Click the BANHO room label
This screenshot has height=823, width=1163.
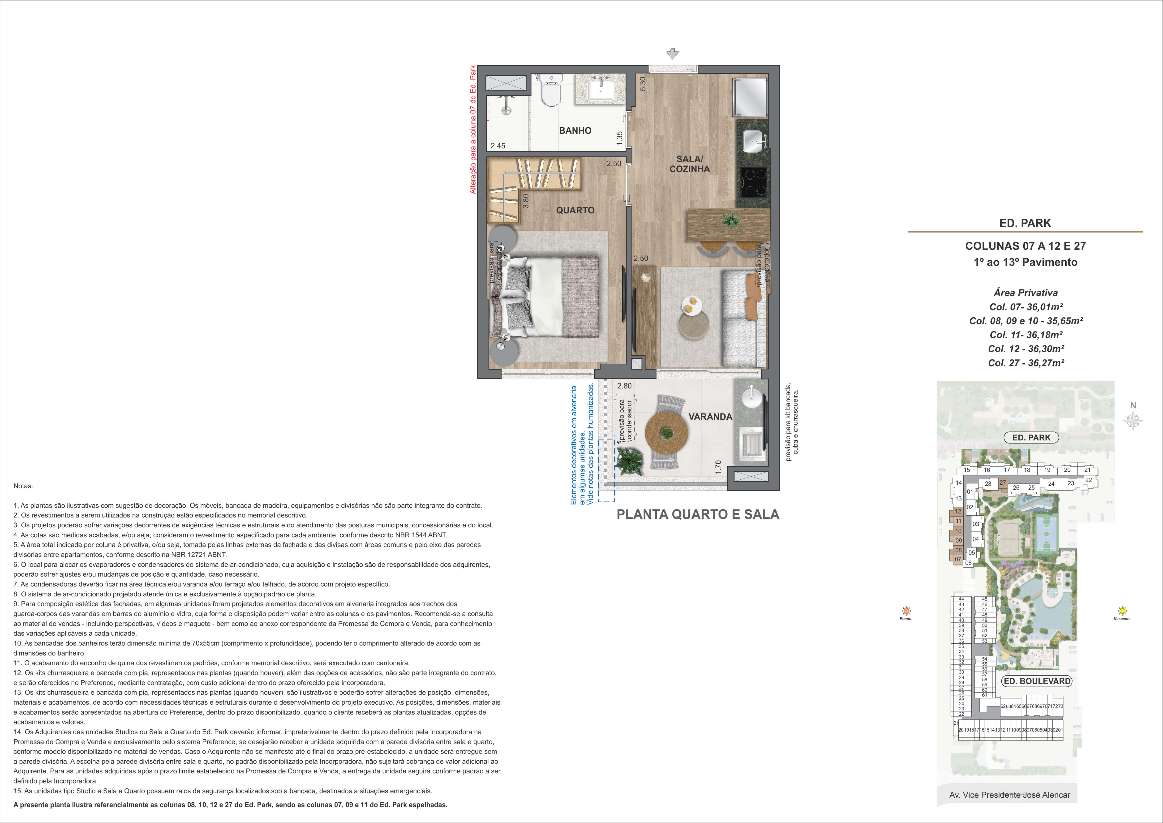[575, 131]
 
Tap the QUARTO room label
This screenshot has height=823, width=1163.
[575, 210]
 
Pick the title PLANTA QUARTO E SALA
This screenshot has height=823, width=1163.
[698, 514]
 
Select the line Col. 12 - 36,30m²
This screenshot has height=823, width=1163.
[1026, 349]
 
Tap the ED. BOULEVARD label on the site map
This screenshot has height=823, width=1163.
[1037, 681]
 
